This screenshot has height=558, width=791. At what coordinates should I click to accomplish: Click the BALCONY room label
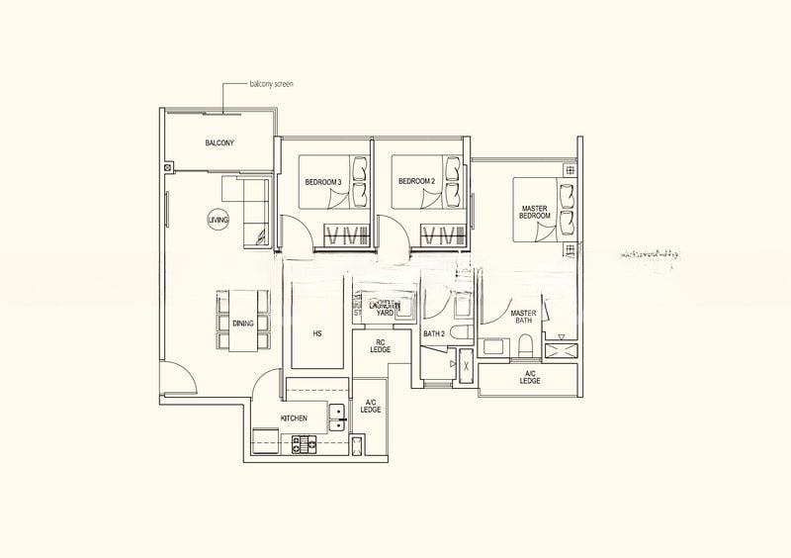220,143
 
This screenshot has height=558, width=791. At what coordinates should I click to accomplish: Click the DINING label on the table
243,324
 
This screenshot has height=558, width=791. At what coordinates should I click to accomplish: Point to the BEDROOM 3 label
322,182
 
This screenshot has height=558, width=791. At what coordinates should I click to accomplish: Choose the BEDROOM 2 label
416,182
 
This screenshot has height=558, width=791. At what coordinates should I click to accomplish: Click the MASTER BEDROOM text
535,212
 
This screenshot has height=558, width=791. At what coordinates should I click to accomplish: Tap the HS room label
317,334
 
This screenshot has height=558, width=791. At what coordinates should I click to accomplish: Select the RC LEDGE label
380,345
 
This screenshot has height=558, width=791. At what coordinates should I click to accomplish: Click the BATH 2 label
434,334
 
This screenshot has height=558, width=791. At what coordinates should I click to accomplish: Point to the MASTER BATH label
523,318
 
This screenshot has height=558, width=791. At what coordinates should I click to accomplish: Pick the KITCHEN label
294,418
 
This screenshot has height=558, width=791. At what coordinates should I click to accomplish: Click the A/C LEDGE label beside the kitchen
372,406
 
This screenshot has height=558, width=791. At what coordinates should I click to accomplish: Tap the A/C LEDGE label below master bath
530,378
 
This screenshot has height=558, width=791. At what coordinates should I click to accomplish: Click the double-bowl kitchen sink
337,418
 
